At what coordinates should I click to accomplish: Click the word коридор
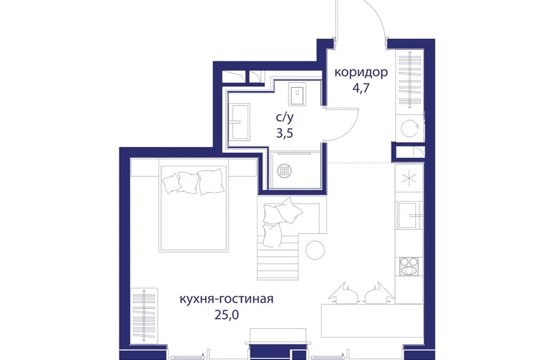coord(360,73)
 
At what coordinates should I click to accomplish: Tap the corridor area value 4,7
coord(360,88)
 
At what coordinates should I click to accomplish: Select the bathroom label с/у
coord(284,117)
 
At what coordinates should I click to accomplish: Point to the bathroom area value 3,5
coord(285,133)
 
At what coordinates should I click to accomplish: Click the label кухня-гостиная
coord(227,299)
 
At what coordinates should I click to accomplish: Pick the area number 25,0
coord(227,315)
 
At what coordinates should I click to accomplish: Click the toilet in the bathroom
coord(297,94)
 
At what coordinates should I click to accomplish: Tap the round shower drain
coord(284,171)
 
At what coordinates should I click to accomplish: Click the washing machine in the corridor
coord(410,127)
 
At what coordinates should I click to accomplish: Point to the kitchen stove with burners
coord(409,266)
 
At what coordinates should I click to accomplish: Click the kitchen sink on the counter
coord(409,215)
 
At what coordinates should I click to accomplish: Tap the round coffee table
coord(315,250)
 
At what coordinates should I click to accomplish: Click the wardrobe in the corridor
coord(410,80)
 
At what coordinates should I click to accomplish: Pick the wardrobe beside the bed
coord(144,315)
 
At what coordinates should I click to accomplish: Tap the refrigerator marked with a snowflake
coord(409,178)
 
